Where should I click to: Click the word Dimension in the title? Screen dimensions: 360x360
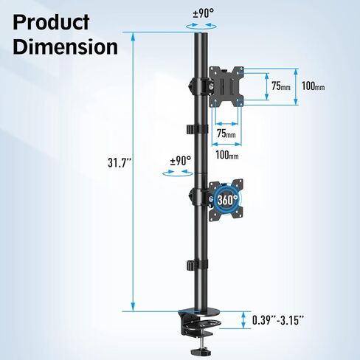pos(66,46)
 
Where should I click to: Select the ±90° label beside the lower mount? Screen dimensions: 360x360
pos(180,160)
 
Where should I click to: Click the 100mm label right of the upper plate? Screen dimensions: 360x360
pos(314,86)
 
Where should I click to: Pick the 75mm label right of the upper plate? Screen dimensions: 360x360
pos(281,86)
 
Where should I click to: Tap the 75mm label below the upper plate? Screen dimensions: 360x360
pos(226,134)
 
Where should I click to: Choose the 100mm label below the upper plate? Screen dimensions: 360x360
pos(228,155)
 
